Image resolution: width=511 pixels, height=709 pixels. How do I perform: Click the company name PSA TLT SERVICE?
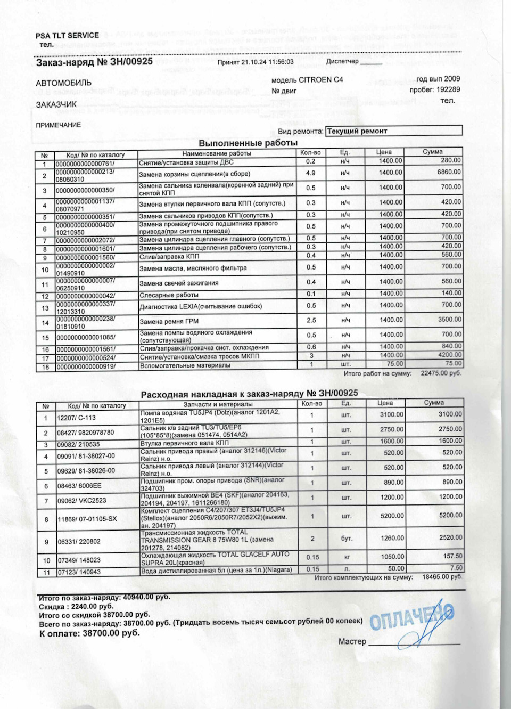pyautogui.click(x=67, y=36)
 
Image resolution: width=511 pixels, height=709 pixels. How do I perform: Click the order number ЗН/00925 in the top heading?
pyautogui.click(x=131, y=62)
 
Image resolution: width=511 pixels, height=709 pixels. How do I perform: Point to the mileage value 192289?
pyautogui.click(x=448, y=89)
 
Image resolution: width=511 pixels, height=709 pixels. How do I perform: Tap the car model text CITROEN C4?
pyautogui.click(x=321, y=80)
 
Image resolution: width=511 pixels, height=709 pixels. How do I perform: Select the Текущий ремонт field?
pyautogui.click(x=393, y=131)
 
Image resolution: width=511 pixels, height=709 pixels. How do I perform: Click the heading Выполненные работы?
pyautogui.click(x=248, y=143)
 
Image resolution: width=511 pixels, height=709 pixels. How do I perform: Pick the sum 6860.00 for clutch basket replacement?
pyautogui.click(x=449, y=172)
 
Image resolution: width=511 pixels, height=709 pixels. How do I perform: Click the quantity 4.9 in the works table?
pyautogui.click(x=310, y=173)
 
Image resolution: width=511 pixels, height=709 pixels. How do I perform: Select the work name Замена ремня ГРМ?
pyautogui.click(x=169, y=322)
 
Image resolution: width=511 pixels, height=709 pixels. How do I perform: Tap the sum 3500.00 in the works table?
pyautogui.click(x=450, y=320)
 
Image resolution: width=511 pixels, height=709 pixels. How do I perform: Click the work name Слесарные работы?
pyautogui.click(x=169, y=295)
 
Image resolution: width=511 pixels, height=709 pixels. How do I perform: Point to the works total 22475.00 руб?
pyautogui.click(x=441, y=373)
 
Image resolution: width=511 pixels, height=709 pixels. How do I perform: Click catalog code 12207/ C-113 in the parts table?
pyautogui.click(x=77, y=418)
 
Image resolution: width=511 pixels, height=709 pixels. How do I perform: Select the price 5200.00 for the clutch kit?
pyautogui.click(x=392, y=516)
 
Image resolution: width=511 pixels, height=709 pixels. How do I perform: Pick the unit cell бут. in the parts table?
pyautogui.click(x=347, y=539)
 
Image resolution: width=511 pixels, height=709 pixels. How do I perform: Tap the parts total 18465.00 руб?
pyautogui.click(x=442, y=577)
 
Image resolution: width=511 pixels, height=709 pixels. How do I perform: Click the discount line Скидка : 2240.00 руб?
pyautogui.click(x=76, y=606)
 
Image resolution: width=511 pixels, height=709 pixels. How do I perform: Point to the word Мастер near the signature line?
pyautogui.click(x=352, y=642)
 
